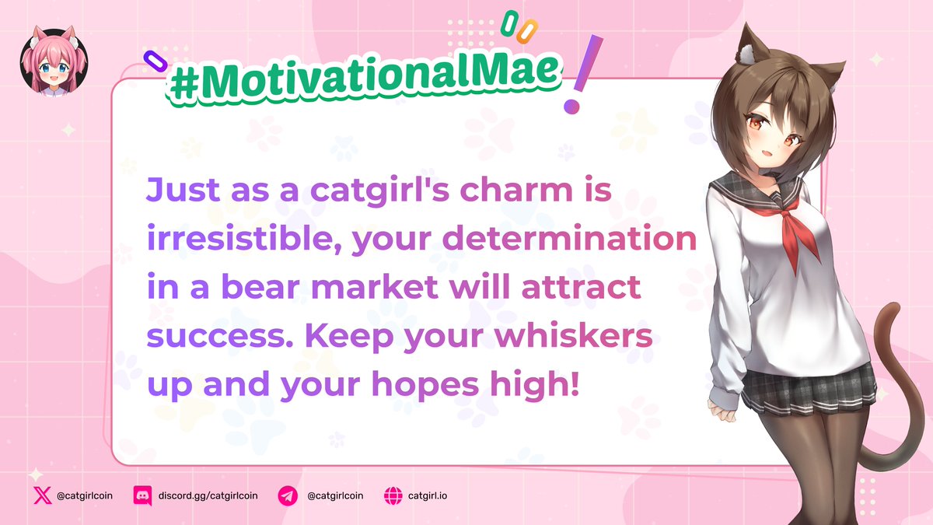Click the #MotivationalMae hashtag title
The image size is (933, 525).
coord(363,77)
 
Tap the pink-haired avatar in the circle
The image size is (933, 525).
coord(54,61)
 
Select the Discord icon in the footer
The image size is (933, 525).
coord(142,495)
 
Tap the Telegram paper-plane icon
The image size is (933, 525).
coord(288,495)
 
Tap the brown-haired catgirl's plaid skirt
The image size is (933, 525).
coord(809,385)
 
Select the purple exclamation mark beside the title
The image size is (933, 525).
coord(576,74)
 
